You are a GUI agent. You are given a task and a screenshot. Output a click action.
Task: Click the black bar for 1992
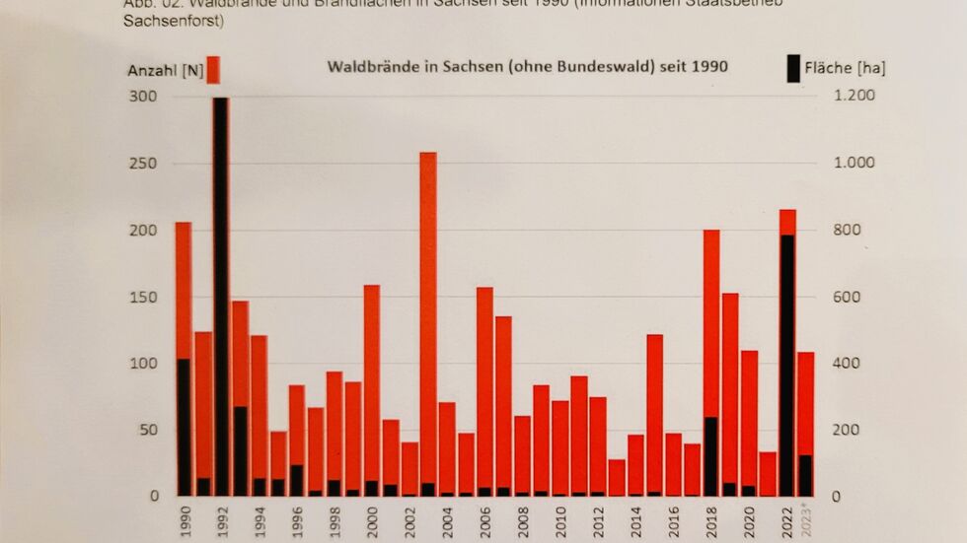221,296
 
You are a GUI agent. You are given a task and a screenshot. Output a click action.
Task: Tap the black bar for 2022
786,365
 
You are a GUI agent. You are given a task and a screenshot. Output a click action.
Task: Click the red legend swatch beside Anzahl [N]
213,70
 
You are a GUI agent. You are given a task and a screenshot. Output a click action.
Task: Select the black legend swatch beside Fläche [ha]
793,69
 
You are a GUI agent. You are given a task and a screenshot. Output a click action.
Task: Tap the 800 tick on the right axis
846,231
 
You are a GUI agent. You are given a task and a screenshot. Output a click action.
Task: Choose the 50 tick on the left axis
147,431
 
